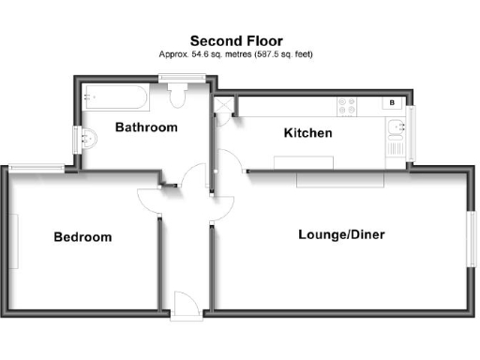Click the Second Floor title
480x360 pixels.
tap(238, 40)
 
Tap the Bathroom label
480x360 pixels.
tap(146, 127)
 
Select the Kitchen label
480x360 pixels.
tap(307, 133)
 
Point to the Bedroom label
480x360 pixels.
tap(82, 237)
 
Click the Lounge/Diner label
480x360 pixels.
tap(342, 234)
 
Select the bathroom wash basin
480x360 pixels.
tap(87, 138)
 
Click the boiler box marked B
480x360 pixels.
tap(392, 102)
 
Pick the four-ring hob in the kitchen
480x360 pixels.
tap(348, 106)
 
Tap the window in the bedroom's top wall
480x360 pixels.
tap(37, 169)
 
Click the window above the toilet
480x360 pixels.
tap(175, 81)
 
